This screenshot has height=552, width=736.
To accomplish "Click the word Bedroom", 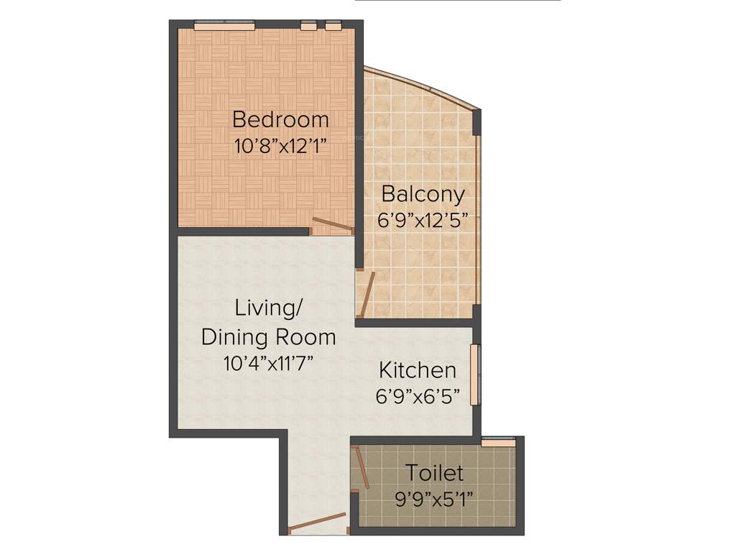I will point(280,119).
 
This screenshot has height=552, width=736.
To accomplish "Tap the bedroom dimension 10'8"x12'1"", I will point(280,147).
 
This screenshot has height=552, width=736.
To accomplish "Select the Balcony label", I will point(423,194).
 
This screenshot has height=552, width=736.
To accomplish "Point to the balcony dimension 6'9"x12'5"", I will point(423,221).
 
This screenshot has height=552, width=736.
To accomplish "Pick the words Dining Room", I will point(269,336).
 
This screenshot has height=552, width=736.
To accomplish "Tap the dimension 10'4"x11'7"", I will point(269,363).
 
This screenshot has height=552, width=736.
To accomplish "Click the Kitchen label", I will point(418,370).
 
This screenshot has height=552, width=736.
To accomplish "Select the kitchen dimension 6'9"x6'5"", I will point(418,397).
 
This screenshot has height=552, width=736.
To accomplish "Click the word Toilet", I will point(434,473).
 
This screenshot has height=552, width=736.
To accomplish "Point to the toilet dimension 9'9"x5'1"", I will point(434,500).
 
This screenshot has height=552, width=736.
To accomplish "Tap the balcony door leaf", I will point(367,294).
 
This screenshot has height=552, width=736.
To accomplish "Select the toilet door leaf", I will point(362,467).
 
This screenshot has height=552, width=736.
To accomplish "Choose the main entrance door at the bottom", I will point(317,524).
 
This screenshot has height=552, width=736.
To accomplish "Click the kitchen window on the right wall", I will point(475,376).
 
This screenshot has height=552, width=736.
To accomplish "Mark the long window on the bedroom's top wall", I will point(224,26).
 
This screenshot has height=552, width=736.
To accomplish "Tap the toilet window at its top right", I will point(497,442).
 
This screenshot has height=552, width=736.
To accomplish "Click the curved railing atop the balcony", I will point(424,87).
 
